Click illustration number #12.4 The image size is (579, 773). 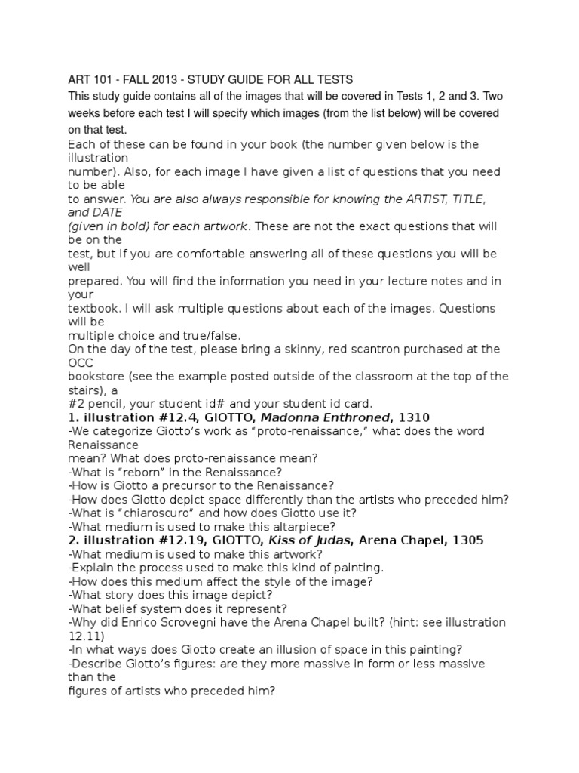162,417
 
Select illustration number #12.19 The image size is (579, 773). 166,540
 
